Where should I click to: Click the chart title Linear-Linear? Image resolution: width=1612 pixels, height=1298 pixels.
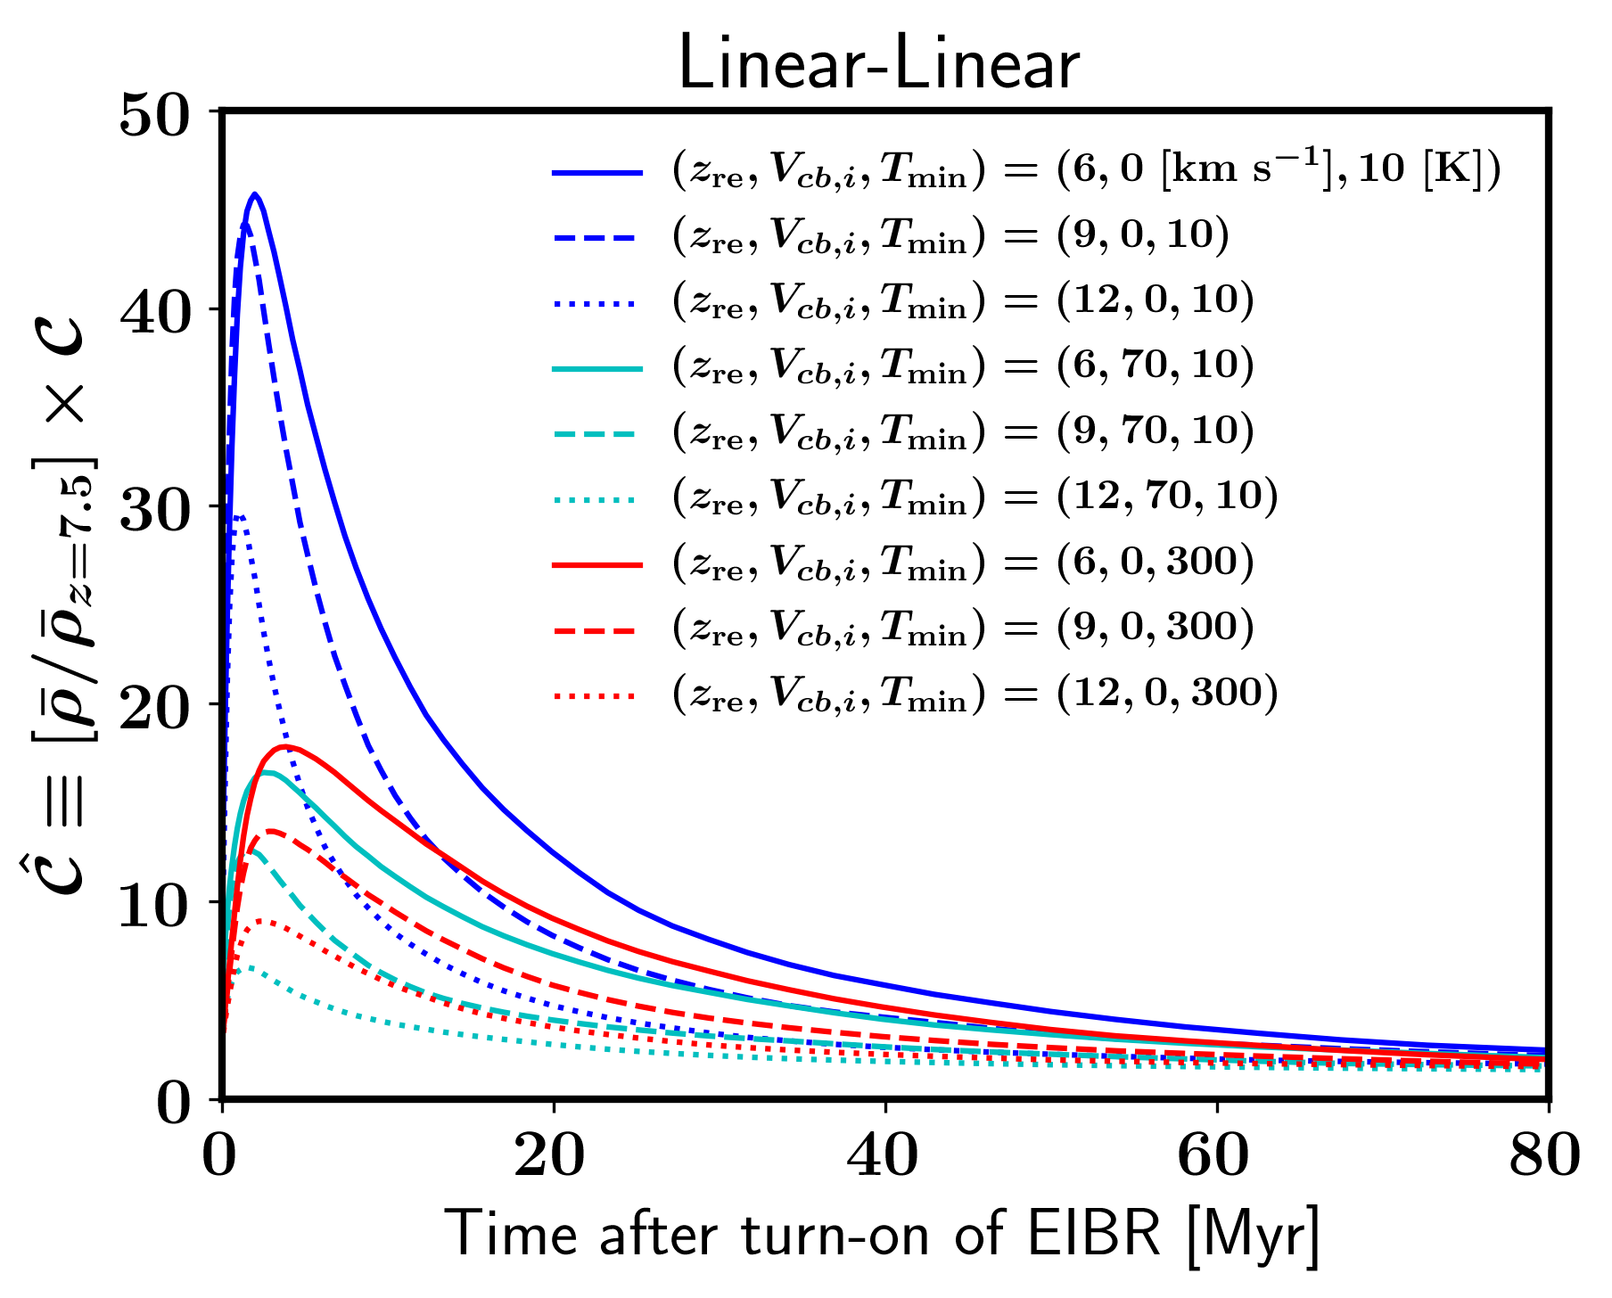pos(878,64)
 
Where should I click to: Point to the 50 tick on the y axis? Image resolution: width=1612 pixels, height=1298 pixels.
pos(169,117)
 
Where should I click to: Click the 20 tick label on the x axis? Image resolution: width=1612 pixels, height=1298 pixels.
pos(554,1156)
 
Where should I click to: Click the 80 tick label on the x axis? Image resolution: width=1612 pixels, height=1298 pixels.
pos(1544,1156)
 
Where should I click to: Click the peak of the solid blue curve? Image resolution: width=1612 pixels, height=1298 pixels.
pos(255,193)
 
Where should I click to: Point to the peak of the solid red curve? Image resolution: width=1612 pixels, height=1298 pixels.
pos(285,746)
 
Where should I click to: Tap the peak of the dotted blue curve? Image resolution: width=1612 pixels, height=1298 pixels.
pos(239,516)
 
